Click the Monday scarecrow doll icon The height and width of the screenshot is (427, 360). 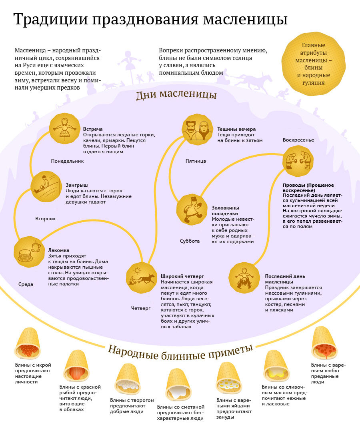[64, 129]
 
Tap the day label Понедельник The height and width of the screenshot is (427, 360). [68, 161]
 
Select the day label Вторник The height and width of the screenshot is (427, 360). [45, 219]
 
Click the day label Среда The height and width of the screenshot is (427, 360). [26, 284]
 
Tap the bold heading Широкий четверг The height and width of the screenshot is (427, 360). [182, 276]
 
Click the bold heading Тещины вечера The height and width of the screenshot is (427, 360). [236, 129]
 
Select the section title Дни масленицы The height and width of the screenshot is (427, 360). [176, 95]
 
